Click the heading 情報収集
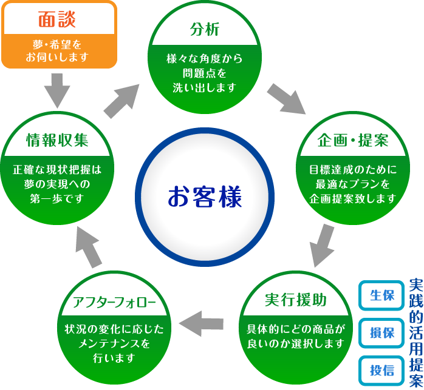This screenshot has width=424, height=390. [58, 140]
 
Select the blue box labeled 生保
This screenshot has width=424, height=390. [381, 295]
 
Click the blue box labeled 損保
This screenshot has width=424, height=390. [381, 332]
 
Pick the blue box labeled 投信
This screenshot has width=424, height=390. [381, 369]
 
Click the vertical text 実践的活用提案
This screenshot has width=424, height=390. [416, 332]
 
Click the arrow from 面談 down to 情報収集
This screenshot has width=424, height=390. [58, 90]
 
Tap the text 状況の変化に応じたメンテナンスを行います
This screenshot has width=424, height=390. [114, 343]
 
